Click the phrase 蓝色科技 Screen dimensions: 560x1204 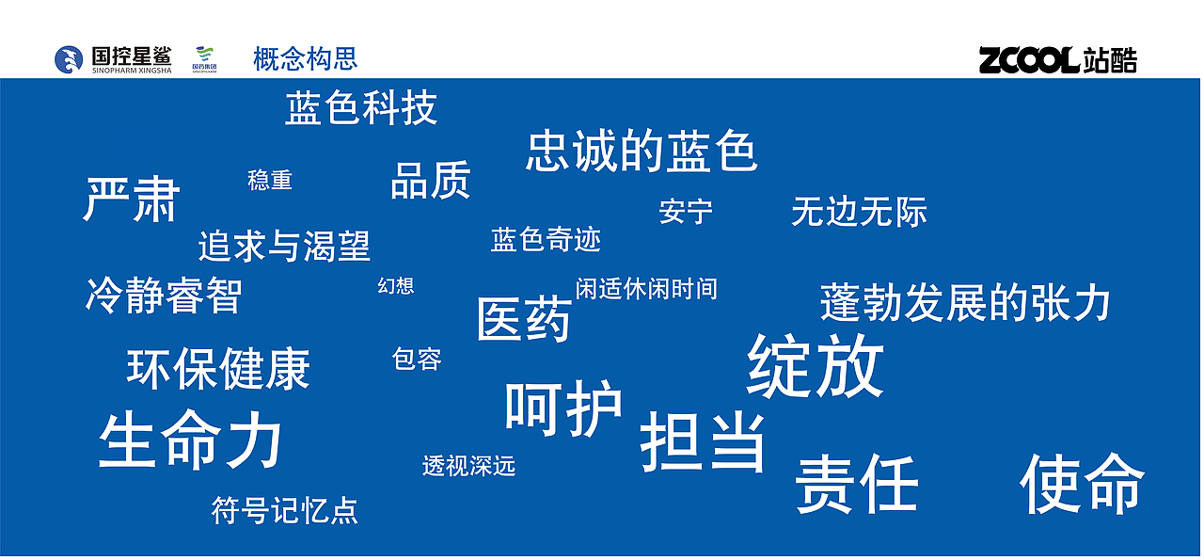pos(361,109)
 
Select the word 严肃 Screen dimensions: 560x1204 pos(132,199)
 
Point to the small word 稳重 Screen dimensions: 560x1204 pos(270,180)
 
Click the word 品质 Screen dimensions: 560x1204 pos(430,181)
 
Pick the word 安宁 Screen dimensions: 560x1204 pos(686,212)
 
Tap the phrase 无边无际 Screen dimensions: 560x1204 pos(859,212)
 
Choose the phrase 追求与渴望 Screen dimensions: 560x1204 pos(284,246)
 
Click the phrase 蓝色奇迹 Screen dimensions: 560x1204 pos(546,240)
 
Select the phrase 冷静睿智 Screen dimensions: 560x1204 pos(164,296)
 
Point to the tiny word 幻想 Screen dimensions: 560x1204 pos(396,286)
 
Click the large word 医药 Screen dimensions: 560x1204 pos(524,320)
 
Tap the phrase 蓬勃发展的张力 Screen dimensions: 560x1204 pos(965,303)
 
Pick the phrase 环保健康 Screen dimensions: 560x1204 pos(218,369)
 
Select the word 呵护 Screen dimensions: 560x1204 pos(563,409)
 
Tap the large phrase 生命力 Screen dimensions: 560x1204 pos(191,440)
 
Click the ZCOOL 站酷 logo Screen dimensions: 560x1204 pos(1057,60)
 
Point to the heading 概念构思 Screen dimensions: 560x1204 pos(306,58)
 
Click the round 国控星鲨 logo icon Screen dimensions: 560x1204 pos(69,59)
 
